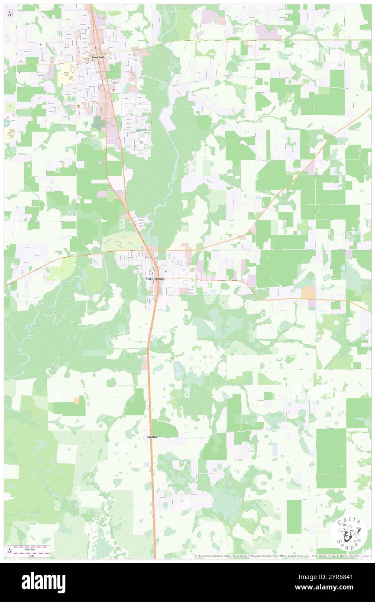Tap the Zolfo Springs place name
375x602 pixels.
(155, 279)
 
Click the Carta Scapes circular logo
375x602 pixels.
(349, 532)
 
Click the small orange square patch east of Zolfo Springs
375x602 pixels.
(308, 292)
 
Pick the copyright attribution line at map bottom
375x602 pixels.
(281, 556)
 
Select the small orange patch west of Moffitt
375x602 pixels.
(77, 401)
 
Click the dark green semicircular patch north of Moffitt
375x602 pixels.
(164, 428)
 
